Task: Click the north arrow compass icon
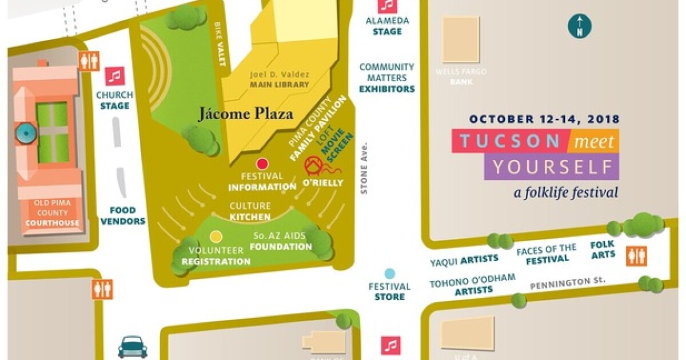click(580, 26)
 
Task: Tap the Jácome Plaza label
click(246, 114)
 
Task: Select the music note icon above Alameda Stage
click(388, 5)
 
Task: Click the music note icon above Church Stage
click(115, 76)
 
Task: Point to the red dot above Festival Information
click(262, 163)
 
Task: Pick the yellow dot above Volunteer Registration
click(216, 236)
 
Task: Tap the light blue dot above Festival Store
click(389, 273)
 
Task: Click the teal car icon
click(133, 347)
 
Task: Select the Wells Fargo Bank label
click(461, 77)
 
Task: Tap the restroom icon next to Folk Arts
click(636, 255)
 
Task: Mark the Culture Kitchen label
click(250, 211)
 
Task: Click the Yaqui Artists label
click(464, 260)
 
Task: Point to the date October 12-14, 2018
click(544, 120)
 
